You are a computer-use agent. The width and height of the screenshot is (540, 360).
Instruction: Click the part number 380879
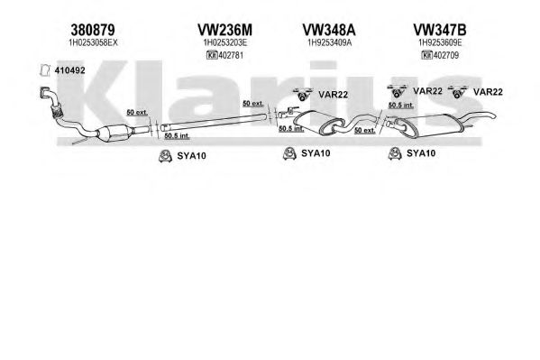coord(93,30)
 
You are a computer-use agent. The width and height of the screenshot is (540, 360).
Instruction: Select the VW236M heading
coord(224,30)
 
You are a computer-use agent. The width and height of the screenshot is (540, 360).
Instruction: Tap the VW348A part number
coord(329,30)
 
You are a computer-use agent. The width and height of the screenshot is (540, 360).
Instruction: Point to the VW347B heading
coord(440,30)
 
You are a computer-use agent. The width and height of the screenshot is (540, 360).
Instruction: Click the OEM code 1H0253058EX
coord(94,42)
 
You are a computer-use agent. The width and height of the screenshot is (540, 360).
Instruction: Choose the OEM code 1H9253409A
coord(329,42)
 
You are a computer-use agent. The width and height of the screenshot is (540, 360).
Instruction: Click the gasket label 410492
coord(69,70)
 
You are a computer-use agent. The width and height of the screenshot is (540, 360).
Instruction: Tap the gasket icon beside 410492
coord(45,70)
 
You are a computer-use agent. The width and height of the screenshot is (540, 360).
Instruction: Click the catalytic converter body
coord(114,133)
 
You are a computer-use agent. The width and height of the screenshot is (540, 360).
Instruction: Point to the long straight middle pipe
coord(214,122)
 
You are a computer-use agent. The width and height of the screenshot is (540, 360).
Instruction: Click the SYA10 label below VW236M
coord(191,156)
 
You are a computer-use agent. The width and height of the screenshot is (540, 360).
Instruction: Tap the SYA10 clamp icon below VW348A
coord(289,153)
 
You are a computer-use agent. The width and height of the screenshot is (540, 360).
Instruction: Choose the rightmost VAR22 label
coord(488,92)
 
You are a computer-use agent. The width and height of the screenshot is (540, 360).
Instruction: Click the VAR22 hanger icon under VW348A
coord(303,95)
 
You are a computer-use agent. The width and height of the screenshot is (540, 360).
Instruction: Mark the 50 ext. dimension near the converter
coord(137,113)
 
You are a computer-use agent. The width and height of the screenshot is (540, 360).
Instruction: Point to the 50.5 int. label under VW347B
coord(401,106)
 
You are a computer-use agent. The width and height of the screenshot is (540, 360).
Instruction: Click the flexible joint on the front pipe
coord(56,110)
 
